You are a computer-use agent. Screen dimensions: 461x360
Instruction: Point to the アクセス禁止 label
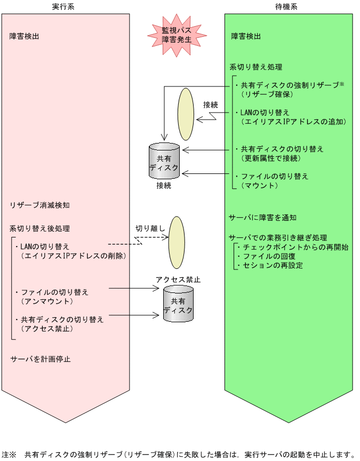pyautogui.click(x=178, y=280)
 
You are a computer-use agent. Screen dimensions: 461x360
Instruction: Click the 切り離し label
pyautogui.click(x=150, y=229)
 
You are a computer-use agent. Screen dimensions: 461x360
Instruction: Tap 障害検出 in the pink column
pyautogui.click(x=25, y=37)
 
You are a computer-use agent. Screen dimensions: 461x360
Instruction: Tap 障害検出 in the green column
pyautogui.click(x=246, y=37)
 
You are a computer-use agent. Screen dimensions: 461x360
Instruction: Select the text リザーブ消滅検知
pyautogui.click(x=39, y=205)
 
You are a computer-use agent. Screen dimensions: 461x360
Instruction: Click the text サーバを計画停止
pyautogui.click(x=41, y=359)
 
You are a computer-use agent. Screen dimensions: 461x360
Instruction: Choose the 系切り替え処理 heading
pyautogui.click(x=256, y=68)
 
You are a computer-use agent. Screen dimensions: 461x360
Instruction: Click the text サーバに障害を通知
pyautogui.click(x=263, y=218)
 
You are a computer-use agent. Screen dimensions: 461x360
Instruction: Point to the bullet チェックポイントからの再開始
pyautogui.click(x=292, y=248)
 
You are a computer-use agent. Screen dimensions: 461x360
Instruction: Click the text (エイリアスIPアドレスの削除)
pyautogui.click(x=73, y=256)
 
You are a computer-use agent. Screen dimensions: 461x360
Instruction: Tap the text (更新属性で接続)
pyautogui.click(x=270, y=158)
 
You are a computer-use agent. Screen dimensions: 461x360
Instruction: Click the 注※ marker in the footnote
pyautogui.click(x=9, y=455)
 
